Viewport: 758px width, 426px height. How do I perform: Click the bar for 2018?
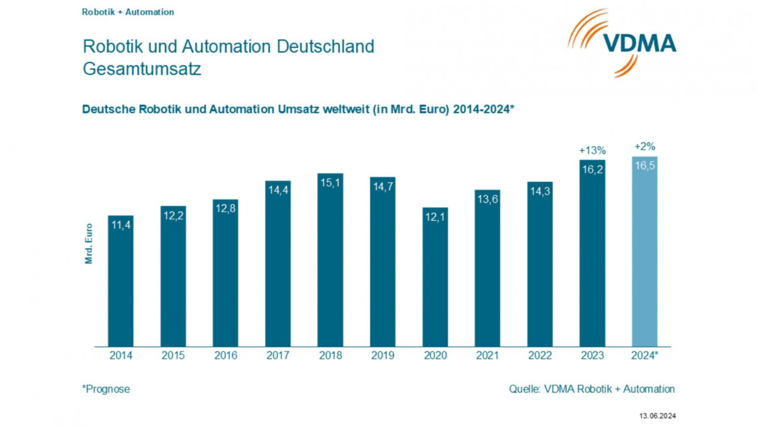click(330, 262)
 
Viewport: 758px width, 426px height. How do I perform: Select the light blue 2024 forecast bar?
click(644, 256)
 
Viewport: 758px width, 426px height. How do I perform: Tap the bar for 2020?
click(435, 279)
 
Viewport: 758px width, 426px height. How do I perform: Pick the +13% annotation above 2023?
click(592, 149)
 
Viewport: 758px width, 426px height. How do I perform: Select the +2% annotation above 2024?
click(644, 146)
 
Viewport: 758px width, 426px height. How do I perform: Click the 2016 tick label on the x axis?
click(226, 355)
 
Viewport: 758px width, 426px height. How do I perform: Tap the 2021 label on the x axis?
click(487, 355)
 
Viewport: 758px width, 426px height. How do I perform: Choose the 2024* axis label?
click(645, 355)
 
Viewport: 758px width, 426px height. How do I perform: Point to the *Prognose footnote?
click(106, 389)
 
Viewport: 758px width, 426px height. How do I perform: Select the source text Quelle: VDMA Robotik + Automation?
click(592, 389)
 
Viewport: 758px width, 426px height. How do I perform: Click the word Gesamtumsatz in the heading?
click(141, 69)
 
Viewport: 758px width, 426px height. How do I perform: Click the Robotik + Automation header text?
click(128, 12)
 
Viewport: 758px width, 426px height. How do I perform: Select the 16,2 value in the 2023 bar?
click(592, 170)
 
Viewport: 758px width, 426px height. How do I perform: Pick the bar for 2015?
click(173, 276)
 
